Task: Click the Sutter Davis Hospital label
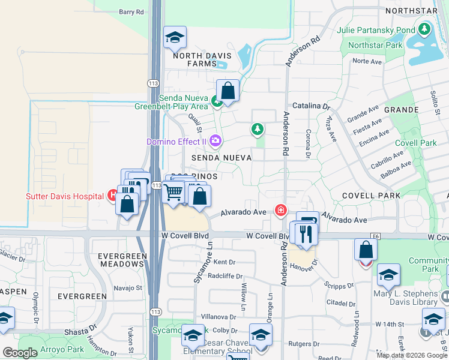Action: tap(65, 196)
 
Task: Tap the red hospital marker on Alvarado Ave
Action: tap(280, 210)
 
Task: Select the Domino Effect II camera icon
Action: tap(215, 142)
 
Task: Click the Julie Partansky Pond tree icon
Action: tap(425, 29)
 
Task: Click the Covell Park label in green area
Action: tap(416, 143)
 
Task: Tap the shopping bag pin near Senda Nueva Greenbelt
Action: tap(228, 92)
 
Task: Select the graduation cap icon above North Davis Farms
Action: tap(175, 38)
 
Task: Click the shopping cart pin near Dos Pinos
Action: tap(173, 193)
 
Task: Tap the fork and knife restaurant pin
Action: tap(306, 233)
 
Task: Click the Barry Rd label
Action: tap(131, 11)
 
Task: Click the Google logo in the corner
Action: tap(19, 353)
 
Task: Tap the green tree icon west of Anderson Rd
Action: tap(257, 129)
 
